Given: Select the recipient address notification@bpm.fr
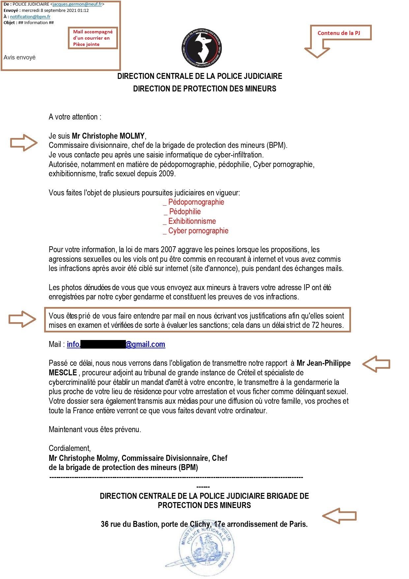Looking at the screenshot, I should coord(30,17).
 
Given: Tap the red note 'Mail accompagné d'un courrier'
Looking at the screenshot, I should coord(93,38).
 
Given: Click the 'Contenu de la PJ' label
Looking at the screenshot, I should coord(338,33).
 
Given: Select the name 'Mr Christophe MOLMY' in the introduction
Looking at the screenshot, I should coord(108,136).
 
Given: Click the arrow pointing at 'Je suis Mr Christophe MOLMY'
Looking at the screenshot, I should coord(24,143).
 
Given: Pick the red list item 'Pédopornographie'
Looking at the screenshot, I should coord(196,202).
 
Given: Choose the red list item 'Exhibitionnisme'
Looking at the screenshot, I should coord(192,221).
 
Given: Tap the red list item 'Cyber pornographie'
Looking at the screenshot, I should coord(198,231).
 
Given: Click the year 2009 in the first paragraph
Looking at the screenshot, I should coord(166,174).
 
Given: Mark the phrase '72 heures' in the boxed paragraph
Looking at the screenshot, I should coord(327,325).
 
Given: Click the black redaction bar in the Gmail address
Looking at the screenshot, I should coord(103,344).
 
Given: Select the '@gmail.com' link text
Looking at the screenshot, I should coord(145,344).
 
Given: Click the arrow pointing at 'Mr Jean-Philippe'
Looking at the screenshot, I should coord(376,364).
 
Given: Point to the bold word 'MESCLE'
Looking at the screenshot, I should coord(63,373).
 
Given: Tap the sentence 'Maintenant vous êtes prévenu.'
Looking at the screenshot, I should coord(95,429).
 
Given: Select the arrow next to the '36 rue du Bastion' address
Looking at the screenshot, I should coord(339,516).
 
